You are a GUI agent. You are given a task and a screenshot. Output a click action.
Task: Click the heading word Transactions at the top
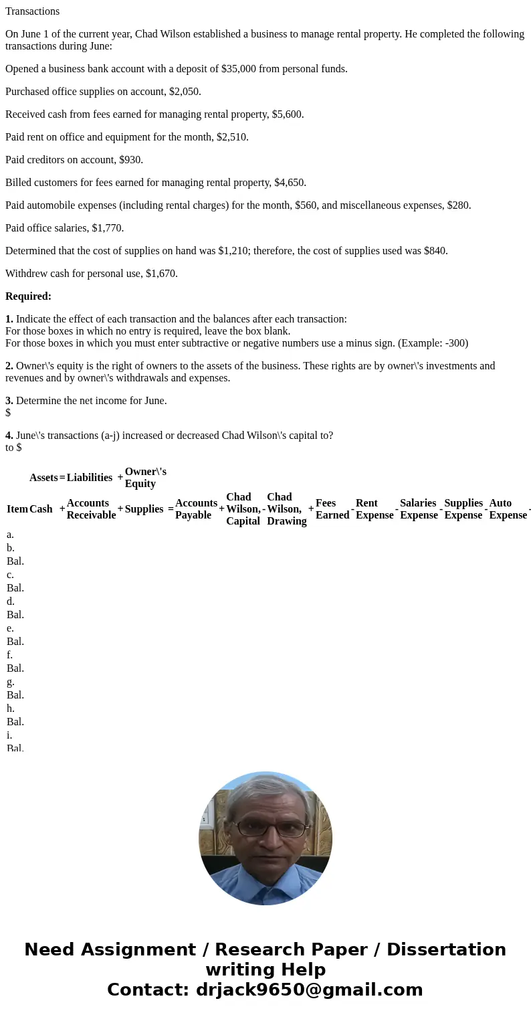(32, 11)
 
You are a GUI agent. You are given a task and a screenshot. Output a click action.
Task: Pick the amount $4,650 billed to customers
(289, 183)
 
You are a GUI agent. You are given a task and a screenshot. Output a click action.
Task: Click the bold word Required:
(28, 296)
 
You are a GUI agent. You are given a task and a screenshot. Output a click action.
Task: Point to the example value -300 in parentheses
(455, 343)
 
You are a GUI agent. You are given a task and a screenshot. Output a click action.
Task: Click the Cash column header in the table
(41, 509)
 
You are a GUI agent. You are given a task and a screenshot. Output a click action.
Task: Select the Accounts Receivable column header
(91, 509)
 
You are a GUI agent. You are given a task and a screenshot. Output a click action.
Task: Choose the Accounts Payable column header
(196, 509)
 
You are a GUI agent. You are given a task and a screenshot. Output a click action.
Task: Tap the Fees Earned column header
(332, 509)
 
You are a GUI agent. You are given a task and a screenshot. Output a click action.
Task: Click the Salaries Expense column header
(419, 509)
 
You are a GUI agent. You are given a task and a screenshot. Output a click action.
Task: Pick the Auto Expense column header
(508, 509)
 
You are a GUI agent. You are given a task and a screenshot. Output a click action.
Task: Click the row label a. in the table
(10, 535)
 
